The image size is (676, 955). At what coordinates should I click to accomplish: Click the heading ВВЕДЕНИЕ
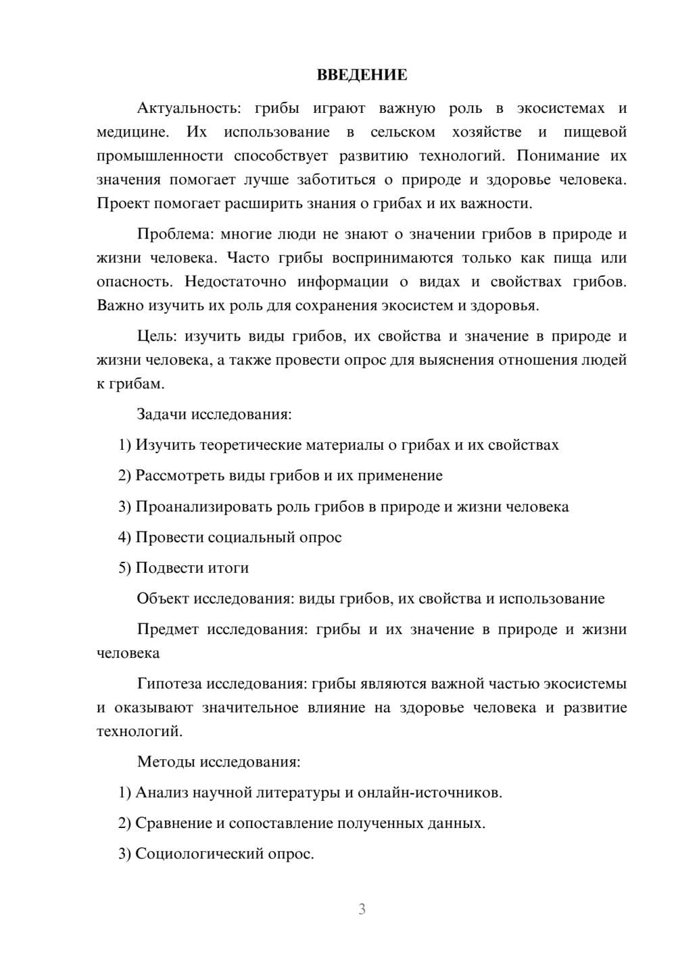pos(362,75)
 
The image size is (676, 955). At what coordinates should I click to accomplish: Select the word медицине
pos(132,132)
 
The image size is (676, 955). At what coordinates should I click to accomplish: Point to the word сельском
pos(402,132)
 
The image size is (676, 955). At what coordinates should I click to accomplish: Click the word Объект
pos(162,598)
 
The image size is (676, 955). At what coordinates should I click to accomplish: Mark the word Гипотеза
pos(169,683)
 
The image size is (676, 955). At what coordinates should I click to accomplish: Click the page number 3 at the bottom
pos(362,909)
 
